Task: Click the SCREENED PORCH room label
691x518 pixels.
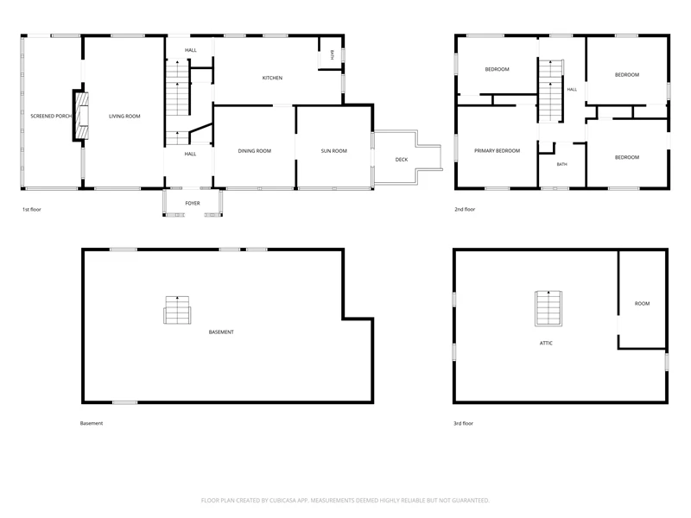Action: (x=51, y=117)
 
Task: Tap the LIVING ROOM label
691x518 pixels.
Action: (x=124, y=117)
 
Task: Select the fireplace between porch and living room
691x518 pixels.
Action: (x=80, y=116)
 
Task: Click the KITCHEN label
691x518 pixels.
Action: (x=272, y=78)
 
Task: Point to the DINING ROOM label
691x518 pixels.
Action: (x=255, y=151)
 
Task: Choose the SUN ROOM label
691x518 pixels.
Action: (x=334, y=151)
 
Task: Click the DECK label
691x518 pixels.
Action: (x=402, y=160)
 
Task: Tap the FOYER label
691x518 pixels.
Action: (x=193, y=204)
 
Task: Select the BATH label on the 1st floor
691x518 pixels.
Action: (x=333, y=55)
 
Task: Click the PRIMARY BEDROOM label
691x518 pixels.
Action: (x=498, y=151)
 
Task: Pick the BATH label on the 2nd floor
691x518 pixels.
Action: (x=562, y=164)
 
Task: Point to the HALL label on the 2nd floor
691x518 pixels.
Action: (x=572, y=90)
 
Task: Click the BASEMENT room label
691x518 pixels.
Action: (x=221, y=332)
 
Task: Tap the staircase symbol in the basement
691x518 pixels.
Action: (x=177, y=310)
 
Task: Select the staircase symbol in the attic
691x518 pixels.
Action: (x=548, y=308)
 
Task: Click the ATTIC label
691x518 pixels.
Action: (x=546, y=343)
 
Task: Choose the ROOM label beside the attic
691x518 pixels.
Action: (x=642, y=304)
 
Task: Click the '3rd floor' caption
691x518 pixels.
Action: (x=464, y=423)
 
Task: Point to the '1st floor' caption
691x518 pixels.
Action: (x=32, y=210)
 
